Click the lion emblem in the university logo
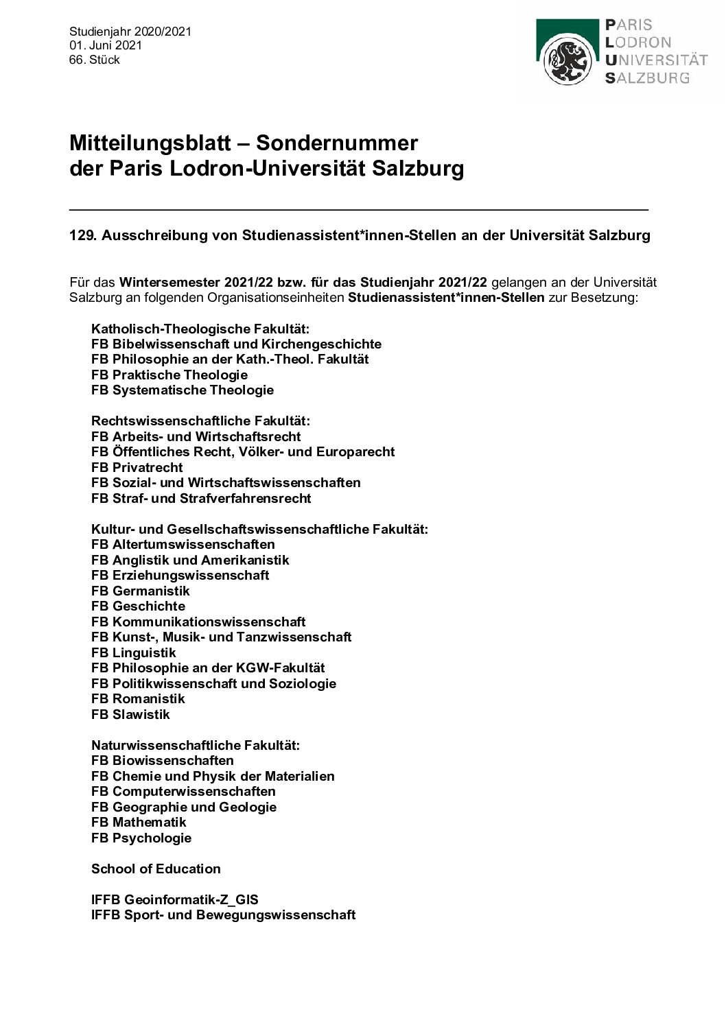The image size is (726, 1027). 567,60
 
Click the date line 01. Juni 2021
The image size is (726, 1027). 106,45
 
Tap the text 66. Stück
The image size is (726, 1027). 95,60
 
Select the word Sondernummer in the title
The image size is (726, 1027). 336,143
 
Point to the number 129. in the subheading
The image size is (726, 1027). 84,235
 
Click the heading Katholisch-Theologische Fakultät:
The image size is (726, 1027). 200,329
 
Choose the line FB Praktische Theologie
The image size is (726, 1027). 169,375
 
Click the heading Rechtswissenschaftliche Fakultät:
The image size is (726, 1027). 200,421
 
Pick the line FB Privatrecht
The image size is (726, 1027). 137,467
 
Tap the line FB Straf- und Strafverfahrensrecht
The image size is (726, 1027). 201,498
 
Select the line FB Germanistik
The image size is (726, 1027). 141,591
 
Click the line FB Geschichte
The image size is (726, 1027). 138,606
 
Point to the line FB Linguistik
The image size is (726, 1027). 134,652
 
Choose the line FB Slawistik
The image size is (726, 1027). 130,714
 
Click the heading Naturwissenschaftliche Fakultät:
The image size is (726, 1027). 196,745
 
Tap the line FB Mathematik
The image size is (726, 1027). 139,822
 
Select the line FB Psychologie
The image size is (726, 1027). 141,838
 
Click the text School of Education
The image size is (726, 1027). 156,869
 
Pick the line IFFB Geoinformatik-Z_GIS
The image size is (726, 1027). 175,899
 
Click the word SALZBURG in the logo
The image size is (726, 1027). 647,78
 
